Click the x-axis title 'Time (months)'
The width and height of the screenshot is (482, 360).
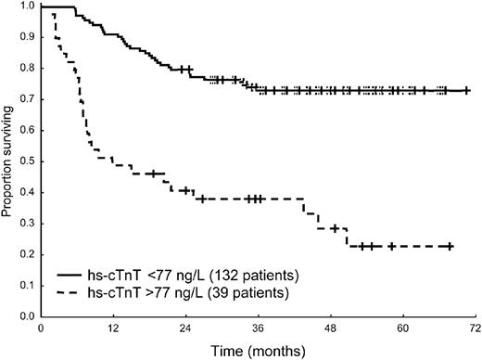(x=258, y=352)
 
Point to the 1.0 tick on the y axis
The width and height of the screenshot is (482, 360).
(x=28, y=7)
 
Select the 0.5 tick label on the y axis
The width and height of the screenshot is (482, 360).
(x=28, y=162)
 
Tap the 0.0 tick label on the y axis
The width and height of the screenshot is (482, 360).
(x=28, y=317)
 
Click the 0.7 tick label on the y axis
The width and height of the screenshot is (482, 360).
(x=28, y=100)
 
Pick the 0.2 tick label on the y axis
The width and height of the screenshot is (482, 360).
(x=28, y=255)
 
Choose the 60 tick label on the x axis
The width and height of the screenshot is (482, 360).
(x=403, y=330)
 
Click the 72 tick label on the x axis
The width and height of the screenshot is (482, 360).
(x=476, y=330)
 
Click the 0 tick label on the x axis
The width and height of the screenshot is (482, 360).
(x=41, y=330)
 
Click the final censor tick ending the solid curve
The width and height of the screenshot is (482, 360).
(x=467, y=91)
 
